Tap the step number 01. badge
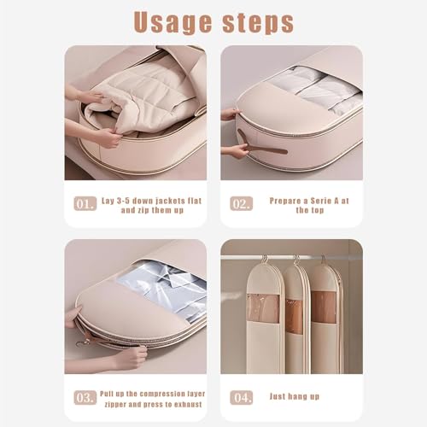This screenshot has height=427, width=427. (x=84, y=204)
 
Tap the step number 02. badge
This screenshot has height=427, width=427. (x=241, y=204)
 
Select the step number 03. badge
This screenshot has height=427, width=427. (x=84, y=396)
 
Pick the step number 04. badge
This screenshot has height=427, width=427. (x=241, y=396)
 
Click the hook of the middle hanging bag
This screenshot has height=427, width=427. (x=295, y=259)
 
